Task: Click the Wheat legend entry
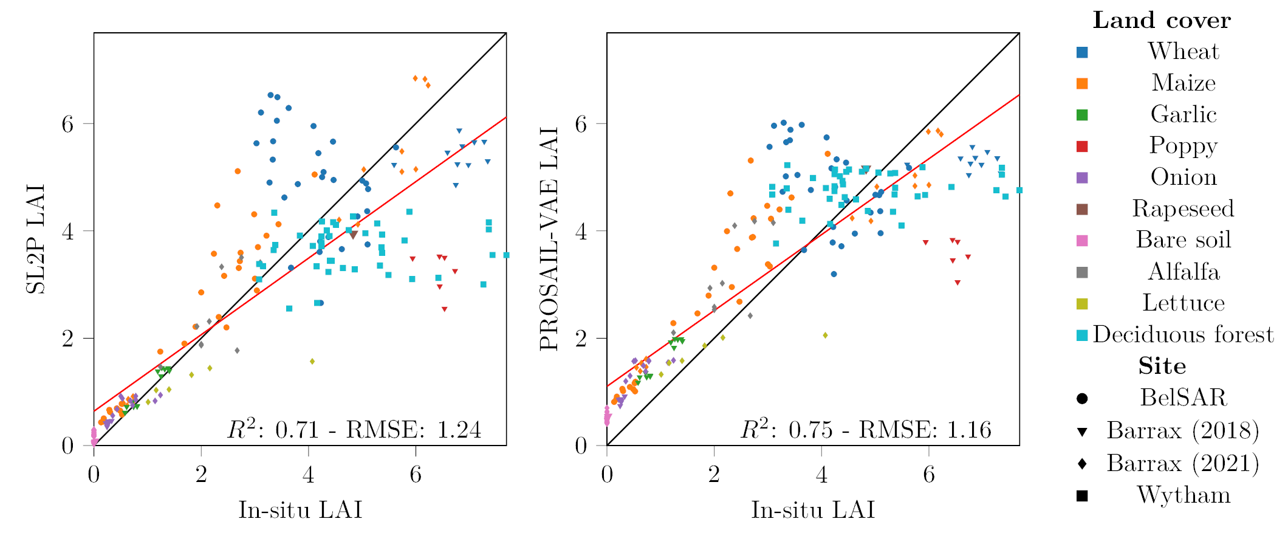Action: pyautogui.click(x=1183, y=52)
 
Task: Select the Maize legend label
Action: pyautogui.click(x=1183, y=83)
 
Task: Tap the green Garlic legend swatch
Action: pyautogui.click(x=1082, y=115)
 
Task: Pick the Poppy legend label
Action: pyautogui.click(x=1183, y=146)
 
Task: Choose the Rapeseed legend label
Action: pyautogui.click(x=1183, y=208)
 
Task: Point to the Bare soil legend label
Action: pyautogui.click(x=1183, y=240)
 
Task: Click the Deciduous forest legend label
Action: pyautogui.click(x=1183, y=335)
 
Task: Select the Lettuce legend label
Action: pyautogui.click(x=1183, y=303)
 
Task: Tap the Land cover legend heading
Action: pyautogui.click(x=1162, y=21)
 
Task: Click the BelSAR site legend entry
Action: pyautogui.click(x=1183, y=398)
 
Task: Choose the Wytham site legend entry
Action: pyautogui.click(x=1183, y=495)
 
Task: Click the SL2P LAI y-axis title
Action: pyautogui.click(x=36, y=238)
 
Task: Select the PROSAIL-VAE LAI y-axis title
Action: pyautogui.click(x=549, y=238)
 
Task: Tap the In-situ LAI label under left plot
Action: pyautogui.click(x=300, y=510)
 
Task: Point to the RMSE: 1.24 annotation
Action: pyautogui.click(x=413, y=430)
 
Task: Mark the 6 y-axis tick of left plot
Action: pyautogui.click(x=67, y=124)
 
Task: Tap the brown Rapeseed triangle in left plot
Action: pyautogui.click(x=354, y=235)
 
